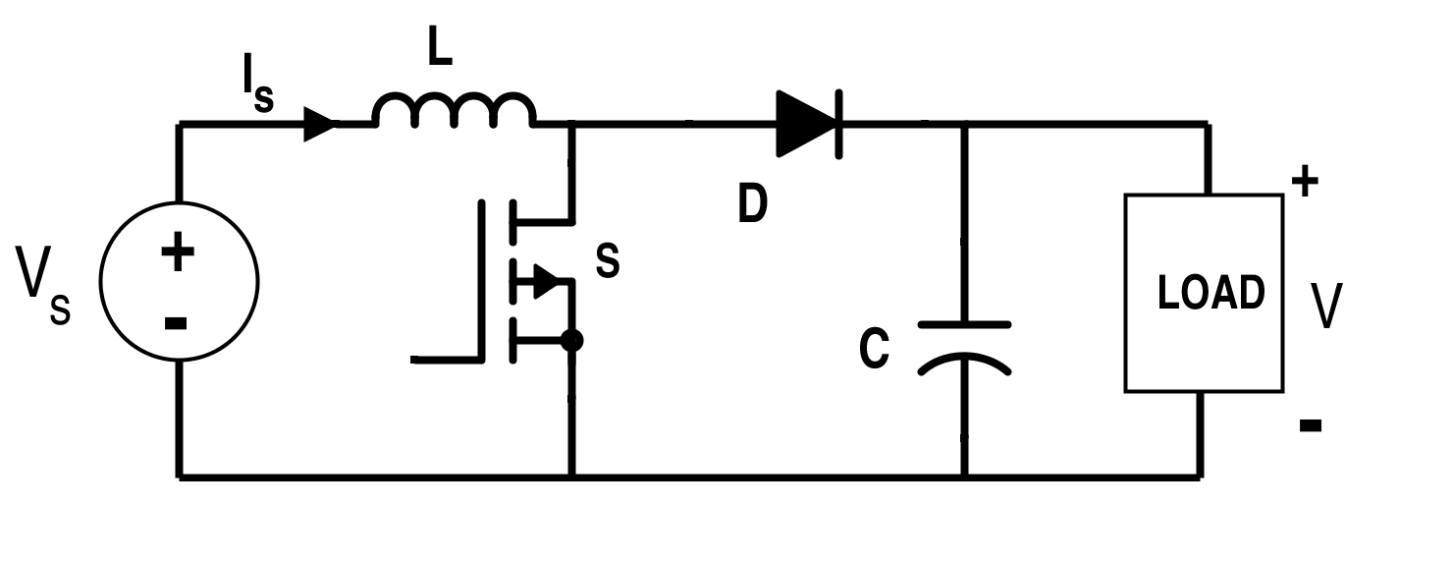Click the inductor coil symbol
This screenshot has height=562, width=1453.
click(x=454, y=111)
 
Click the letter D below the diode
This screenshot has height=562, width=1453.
click(x=752, y=205)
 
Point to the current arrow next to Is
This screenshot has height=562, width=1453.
click(x=321, y=125)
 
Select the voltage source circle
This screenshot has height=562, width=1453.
click(x=179, y=281)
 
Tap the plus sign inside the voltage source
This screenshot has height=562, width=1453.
click(x=178, y=253)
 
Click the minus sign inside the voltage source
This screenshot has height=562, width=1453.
click(x=177, y=322)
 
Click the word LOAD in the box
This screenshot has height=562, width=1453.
click(x=1211, y=294)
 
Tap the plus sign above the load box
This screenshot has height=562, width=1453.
click(x=1304, y=183)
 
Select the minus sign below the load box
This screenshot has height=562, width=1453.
click(x=1310, y=425)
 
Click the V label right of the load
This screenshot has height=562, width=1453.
click(x=1327, y=306)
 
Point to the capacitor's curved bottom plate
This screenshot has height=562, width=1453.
click(x=964, y=365)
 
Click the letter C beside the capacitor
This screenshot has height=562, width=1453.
click(x=874, y=350)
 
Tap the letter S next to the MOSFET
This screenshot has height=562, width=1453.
click(x=608, y=261)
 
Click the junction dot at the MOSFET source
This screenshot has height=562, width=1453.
click(x=571, y=341)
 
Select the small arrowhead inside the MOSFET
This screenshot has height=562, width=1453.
click(x=546, y=282)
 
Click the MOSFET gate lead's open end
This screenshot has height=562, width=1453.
click(x=414, y=360)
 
